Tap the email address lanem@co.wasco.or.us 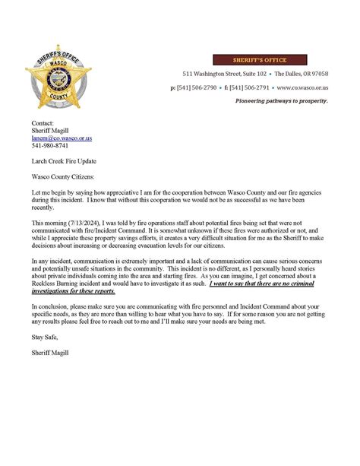coord(62,138)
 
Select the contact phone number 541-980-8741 coord(49,146)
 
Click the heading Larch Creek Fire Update coord(64,161)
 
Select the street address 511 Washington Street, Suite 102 coord(225,74)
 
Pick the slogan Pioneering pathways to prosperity coord(281,101)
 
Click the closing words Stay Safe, coord(44,358)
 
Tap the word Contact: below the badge coord(43,123)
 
